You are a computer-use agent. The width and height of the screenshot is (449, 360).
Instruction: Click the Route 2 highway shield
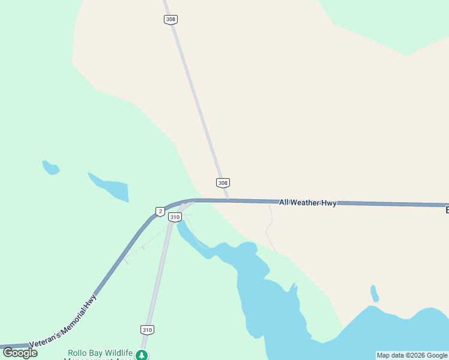tap(160, 211)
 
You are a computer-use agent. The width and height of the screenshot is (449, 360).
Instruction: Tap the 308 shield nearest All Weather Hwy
tap(223, 183)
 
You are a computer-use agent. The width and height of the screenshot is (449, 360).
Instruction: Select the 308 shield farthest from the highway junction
tap(170, 19)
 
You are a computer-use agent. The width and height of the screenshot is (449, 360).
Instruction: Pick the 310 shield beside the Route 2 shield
tap(175, 217)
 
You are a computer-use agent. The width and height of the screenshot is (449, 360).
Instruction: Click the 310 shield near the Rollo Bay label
tap(147, 329)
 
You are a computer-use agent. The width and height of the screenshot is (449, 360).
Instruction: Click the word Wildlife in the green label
tap(115, 352)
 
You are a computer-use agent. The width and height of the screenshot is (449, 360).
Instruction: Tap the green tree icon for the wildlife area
tap(142, 355)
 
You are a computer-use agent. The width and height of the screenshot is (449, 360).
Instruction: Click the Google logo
tap(20, 353)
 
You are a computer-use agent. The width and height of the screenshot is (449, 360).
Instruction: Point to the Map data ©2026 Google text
tap(412, 355)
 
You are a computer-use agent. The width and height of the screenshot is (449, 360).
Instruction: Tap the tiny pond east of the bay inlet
tap(375, 294)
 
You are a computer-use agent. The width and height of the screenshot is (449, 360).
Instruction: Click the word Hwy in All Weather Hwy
tap(328, 203)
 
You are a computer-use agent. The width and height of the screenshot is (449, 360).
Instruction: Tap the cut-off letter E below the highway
tap(447, 210)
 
